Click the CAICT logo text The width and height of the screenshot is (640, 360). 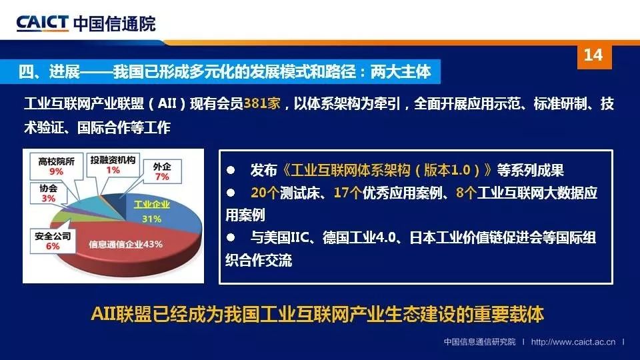coord(43,23)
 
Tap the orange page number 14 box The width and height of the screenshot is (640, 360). coord(594,56)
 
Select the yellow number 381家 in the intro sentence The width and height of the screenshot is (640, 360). coord(261,103)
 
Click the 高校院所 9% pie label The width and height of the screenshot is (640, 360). coord(56,166)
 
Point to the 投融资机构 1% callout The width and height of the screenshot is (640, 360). coord(113,165)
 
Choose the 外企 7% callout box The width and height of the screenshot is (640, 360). coord(162,171)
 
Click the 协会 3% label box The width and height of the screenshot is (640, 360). coord(49,193)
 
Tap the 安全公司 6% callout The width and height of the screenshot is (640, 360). coord(53,241)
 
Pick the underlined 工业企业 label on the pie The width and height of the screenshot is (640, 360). coord(152,205)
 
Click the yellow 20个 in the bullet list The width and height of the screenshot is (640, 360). coord(265,193)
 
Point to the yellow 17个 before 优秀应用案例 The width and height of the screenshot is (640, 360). coord(348,193)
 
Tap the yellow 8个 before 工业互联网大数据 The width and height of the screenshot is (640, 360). coord(466,193)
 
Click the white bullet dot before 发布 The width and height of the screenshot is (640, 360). coord(231,170)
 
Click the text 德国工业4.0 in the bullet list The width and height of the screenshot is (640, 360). coord(359,237)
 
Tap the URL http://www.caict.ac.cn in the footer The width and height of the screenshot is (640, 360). coord(573,341)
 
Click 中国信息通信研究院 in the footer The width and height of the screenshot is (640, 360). coord(479,341)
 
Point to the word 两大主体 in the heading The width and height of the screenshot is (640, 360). coord(401,72)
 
